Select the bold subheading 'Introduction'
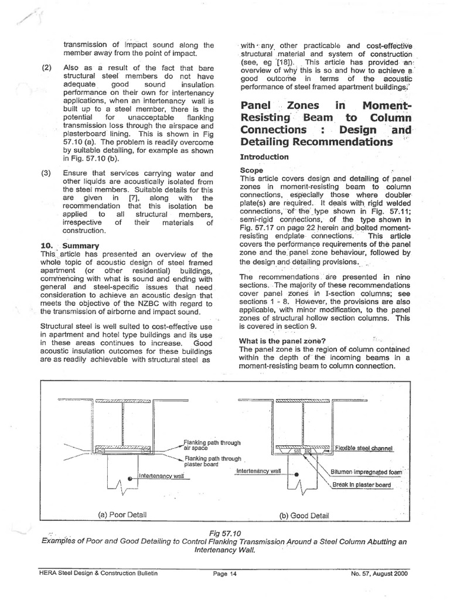click(264, 157)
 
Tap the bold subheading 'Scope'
click(253, 171)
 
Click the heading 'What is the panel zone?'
click(283, 341)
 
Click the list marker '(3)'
click(47, 173)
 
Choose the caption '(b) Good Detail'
click(304, 515)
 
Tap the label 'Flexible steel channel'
click(363, 449)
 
